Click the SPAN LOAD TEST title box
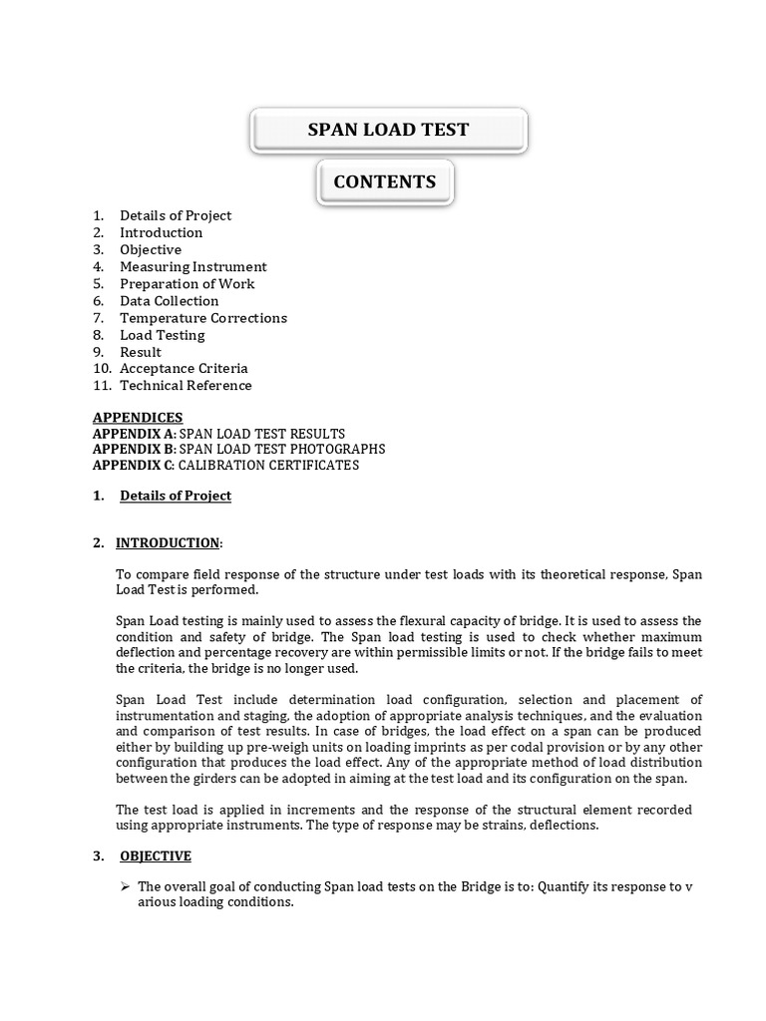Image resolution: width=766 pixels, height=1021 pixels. tap(388, 130)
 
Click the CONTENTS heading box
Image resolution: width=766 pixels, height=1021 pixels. tap(384, 181)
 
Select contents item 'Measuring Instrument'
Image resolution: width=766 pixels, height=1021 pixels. tap(193, 266)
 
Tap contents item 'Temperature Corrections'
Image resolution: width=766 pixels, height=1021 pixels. tap(203, 318)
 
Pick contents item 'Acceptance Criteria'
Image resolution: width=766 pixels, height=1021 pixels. tap(184, 369)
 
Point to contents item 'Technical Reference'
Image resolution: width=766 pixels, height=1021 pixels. tap(186, 386)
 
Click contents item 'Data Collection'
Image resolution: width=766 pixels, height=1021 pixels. tap(170, 301)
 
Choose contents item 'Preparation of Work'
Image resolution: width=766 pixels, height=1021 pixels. tap(188, 284)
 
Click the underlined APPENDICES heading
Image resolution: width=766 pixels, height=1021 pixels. tap(138, 418)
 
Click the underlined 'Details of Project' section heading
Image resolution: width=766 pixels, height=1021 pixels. tap(176, 496)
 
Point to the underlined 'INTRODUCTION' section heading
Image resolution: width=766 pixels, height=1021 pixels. tap(168, 543)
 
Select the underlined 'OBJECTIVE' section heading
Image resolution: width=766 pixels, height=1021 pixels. tap(156, 856)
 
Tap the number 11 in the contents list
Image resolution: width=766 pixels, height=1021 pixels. tap(101, 386)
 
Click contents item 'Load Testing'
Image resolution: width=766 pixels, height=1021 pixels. tap(163, 335)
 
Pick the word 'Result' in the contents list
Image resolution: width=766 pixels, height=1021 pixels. tap(141, 352)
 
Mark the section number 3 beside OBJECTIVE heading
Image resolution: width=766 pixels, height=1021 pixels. tap(98, 856)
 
